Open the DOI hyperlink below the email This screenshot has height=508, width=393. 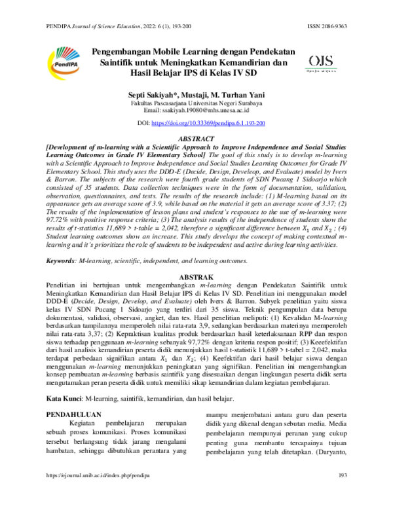point(208,122)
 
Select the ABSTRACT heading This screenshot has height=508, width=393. point(196,138)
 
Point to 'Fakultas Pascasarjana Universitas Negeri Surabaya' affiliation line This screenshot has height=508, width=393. point(196,103)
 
